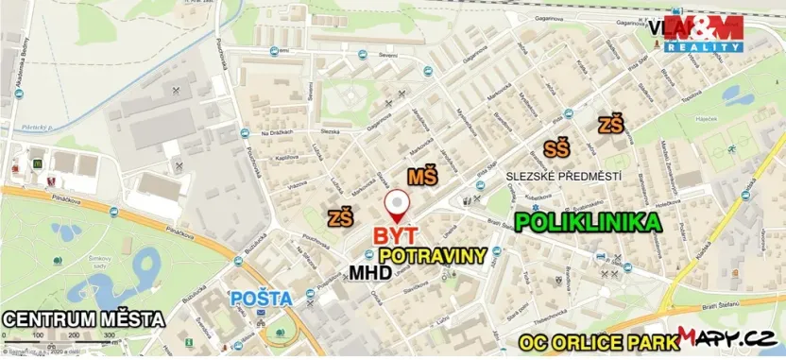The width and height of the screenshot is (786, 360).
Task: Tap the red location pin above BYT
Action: tap(398, 204)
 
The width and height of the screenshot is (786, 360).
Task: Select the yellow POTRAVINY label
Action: tap(432, 255)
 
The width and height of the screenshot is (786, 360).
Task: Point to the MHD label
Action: tap(371, 273)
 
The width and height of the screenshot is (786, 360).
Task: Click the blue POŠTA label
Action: tap(262, 299)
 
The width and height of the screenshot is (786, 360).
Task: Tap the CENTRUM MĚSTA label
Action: tap(83, 318)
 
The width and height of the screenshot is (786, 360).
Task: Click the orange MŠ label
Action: tap(422, 177)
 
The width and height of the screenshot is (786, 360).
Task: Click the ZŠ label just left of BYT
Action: tap(340, 218)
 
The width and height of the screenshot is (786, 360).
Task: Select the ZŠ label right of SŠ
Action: tap(611, 124)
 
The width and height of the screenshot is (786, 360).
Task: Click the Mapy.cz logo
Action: tap(727, 337)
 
